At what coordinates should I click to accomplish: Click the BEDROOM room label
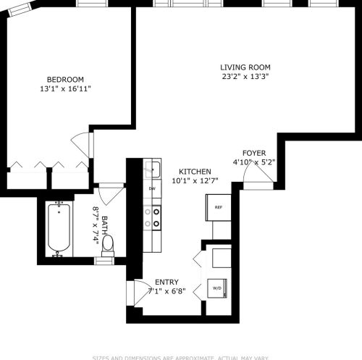[x=65, y=79]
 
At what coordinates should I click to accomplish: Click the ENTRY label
[x=167, y=282]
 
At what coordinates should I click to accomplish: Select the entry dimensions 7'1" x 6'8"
[x=167, y=292]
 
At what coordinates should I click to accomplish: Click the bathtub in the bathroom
[x=60, y=229]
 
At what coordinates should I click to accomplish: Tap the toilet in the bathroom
[x=107, y=246]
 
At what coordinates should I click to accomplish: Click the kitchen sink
[x=152, y=170]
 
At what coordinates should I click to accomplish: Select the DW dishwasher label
[x=152, y=189]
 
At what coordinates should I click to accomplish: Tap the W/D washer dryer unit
[x=216, y=288]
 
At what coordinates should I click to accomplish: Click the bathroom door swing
[x=111, y=192]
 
